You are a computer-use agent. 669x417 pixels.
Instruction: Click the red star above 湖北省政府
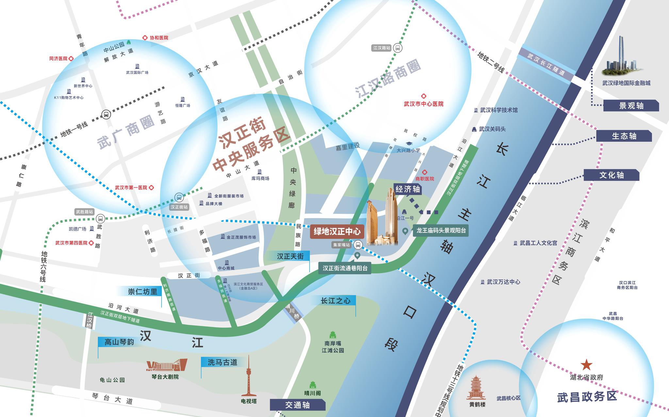click(586, 365)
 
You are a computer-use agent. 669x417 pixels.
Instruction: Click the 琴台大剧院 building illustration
click(167, 365)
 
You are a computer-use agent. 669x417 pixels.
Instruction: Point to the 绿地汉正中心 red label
click(337, 232)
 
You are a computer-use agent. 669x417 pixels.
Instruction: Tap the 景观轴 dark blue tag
click(631, 106)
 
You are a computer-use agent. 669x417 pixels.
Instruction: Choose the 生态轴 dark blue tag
click(624, 136)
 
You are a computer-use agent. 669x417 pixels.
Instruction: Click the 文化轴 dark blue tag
click(611, 175)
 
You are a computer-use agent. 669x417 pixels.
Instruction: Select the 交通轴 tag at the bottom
click(297, 405)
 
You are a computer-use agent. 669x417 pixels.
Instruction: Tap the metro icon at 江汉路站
click(398, 48)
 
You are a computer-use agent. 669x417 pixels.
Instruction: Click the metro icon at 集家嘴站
click(358, 245)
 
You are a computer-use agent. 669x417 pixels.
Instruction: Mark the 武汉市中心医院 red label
click(424, 104)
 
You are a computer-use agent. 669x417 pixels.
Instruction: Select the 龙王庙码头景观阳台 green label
click(441, 231)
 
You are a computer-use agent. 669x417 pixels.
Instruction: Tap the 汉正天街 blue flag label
click(290, 256)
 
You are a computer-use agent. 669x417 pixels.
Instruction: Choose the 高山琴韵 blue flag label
click(119, 342)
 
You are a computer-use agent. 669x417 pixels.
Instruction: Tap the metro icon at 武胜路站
click(101, 218)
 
